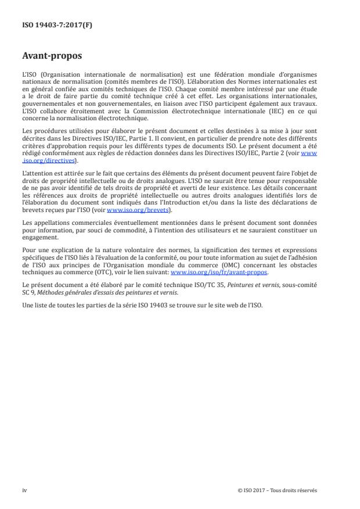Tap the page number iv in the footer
(x=24, y=490)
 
